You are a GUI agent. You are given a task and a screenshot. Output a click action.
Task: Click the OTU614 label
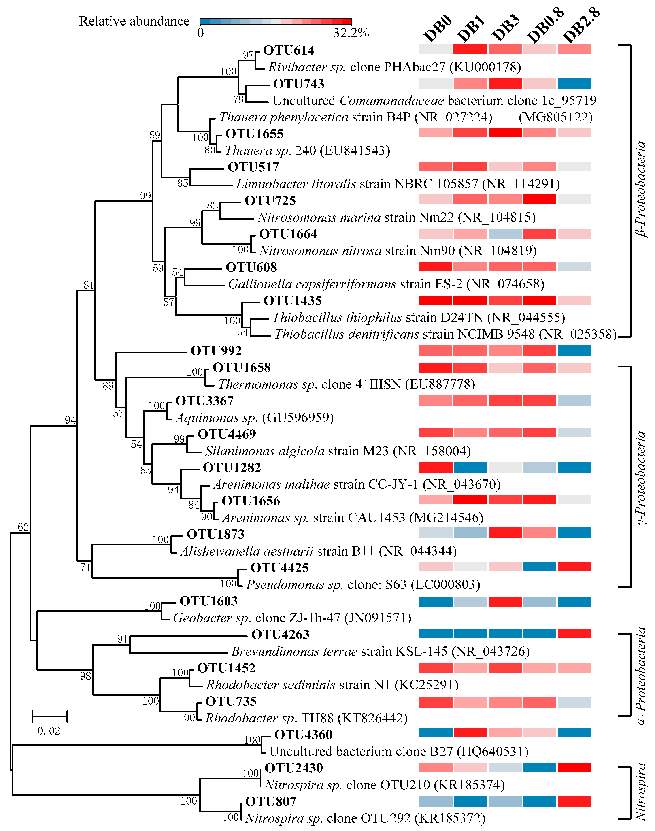click(x=289, y=50)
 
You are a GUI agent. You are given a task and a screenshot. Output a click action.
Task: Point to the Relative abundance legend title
click(x=134, y=21)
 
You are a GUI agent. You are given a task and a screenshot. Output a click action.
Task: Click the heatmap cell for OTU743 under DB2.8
click(x=574, y=83)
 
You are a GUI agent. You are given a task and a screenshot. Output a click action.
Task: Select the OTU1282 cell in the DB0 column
click(x=435, y=467)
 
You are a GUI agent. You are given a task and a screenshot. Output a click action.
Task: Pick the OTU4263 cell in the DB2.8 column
click(x=574, y=633)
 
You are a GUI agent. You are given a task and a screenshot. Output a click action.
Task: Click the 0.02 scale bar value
click(x=49, y=731)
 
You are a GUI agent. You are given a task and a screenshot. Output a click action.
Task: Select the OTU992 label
click(x=216, y=350)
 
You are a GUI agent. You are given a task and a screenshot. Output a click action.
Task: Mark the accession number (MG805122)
click(x=555, y=117)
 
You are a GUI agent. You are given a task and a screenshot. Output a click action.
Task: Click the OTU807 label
click(x=271, y=801)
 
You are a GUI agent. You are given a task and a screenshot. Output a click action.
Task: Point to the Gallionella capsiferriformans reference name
click(x=312, y=284)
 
